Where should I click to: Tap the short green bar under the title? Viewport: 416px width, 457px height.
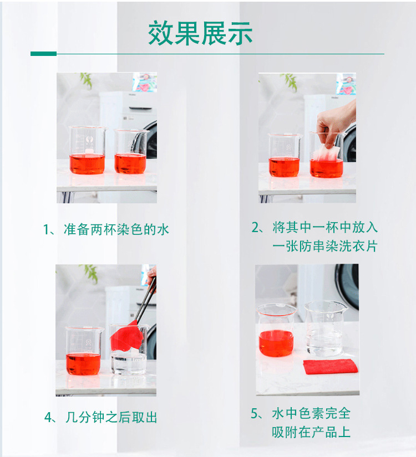pos(43,54)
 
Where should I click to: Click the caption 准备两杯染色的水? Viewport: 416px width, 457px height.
pos(106,229)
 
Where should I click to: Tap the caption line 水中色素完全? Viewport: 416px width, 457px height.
pos(311,414)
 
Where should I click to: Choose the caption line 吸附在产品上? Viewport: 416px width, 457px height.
pos(311,432)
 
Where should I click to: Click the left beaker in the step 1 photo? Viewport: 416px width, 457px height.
pos(87,151)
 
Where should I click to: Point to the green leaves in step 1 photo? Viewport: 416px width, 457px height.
pos(87,80)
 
